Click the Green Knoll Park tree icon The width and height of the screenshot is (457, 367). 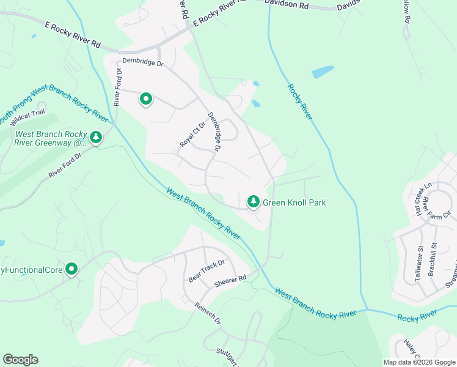coord(253,201)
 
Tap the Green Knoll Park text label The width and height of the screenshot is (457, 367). coord(294,202)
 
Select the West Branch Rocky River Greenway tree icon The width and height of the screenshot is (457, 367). coord(96,138)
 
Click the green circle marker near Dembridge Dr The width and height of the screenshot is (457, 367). coord(146,98)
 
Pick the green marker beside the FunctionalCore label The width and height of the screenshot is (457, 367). coord(71,269)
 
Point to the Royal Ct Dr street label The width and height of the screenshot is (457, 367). coord(193,135)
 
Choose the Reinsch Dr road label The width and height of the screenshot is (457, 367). coord(208,313)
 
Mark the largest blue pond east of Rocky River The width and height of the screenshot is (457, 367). coord(323,72)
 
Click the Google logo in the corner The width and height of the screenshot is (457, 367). coord(20,360)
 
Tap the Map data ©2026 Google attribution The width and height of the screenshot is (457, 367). coord(419,362)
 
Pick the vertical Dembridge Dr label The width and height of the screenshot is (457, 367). coord(213,132)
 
